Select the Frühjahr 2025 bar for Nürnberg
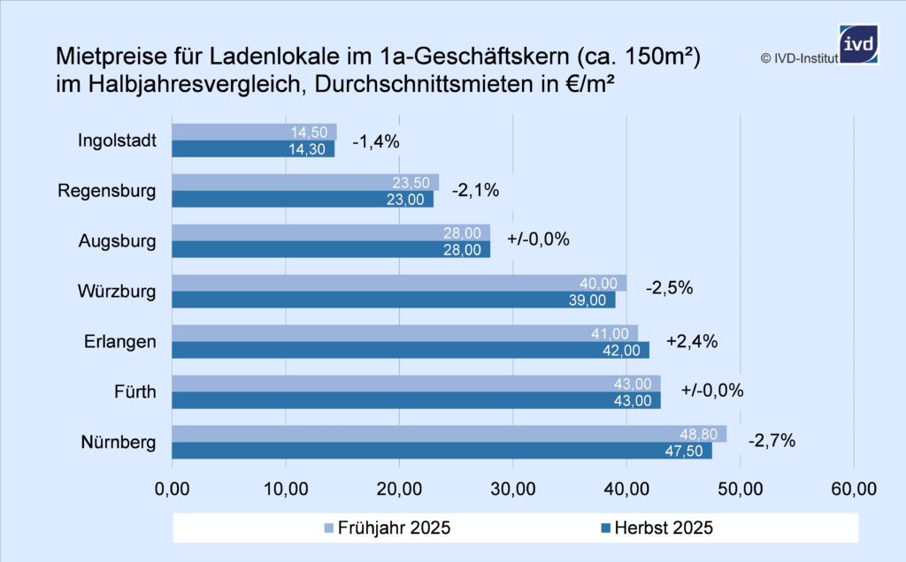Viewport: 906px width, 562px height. [x=449, y=434]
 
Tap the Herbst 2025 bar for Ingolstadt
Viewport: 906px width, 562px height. [x=253, y=148]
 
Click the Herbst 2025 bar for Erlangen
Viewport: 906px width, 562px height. [x=410, y=350]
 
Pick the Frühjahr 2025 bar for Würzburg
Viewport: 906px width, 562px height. [x=398, y=283]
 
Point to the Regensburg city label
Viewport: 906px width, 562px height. [x=107, y=191]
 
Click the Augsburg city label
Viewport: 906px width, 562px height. [x=118, y=240]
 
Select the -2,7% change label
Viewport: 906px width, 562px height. [x=772, y=440]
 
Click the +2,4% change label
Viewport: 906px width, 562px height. [x=691, y=341]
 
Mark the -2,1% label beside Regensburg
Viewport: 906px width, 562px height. [x=475, y=190]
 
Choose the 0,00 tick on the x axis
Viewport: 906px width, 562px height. [x=172, y=488]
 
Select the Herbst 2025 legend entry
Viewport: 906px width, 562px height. [x=656, y=528]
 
